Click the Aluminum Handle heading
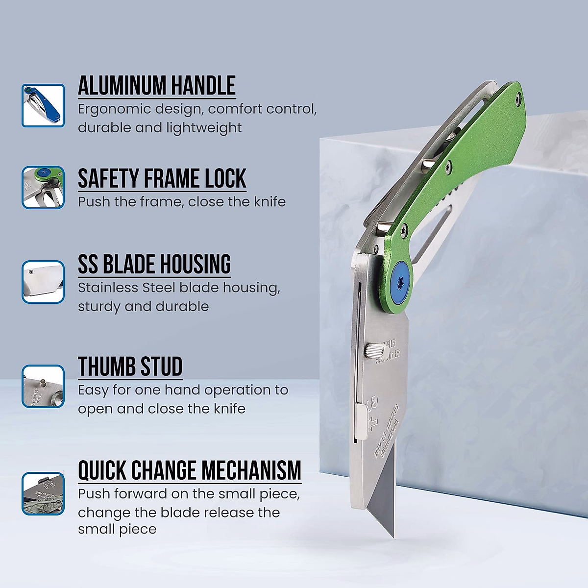(157, 86)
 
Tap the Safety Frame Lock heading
(162, 179)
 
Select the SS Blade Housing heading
(154, 265)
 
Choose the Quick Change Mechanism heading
(190, 470)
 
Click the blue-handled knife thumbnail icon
(43, 105)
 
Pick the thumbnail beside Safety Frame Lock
(43, 188)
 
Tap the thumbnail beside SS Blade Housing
(43, 282)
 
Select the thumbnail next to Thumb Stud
(43, 386)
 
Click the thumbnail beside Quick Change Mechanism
(43, 493)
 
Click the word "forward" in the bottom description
(141, 494)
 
